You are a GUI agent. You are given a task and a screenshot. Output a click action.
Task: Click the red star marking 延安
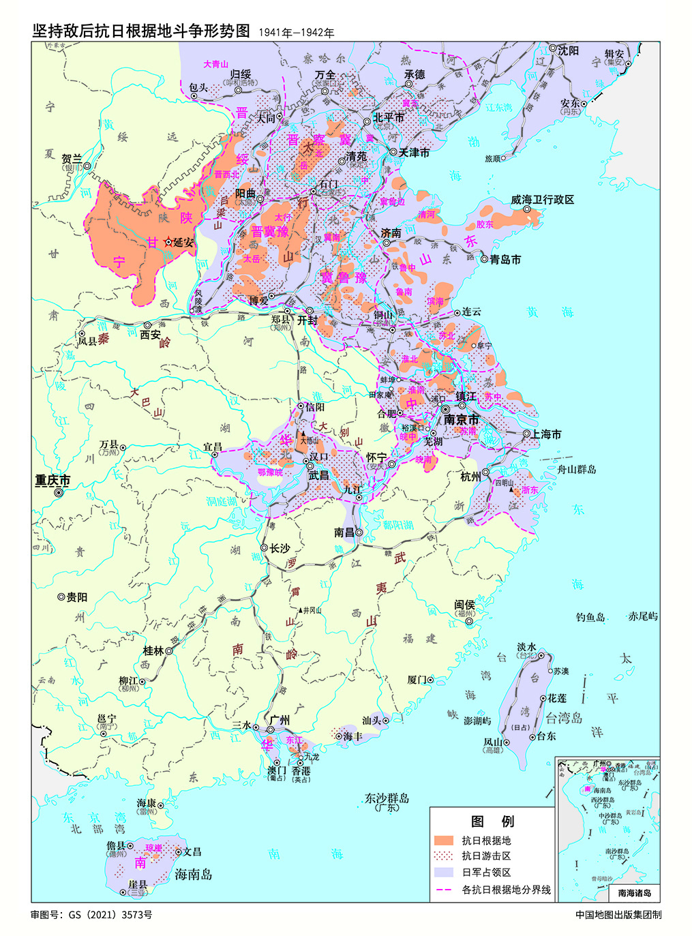point(168,241)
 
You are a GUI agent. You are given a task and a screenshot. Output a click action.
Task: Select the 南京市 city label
point(462,420)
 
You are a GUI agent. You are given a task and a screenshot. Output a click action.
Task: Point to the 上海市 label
point(546,434)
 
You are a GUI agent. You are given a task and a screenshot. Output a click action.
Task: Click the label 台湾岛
point(564,718)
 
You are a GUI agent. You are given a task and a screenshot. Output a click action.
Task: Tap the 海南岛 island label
point(193,874)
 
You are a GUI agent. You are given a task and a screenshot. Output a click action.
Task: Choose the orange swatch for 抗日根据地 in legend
point(444,841)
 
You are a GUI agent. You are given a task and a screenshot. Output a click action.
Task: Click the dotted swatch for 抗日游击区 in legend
point(444,856)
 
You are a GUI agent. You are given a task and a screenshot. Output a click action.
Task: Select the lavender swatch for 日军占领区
point(444,873)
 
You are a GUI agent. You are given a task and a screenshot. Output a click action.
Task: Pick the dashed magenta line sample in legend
point(444,890)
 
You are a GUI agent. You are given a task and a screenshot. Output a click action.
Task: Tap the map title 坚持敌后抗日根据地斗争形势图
point(142,31)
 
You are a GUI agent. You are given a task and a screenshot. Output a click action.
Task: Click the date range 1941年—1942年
point(297,33)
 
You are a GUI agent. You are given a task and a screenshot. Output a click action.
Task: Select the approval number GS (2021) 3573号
point(91,915)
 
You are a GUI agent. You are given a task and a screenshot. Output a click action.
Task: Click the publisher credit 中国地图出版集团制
point(618,915)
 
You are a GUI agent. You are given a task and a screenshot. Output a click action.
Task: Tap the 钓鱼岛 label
point(590,617)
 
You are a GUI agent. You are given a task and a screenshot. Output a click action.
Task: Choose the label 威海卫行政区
point(542,200)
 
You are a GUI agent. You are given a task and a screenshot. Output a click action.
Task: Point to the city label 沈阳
point(568,50)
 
